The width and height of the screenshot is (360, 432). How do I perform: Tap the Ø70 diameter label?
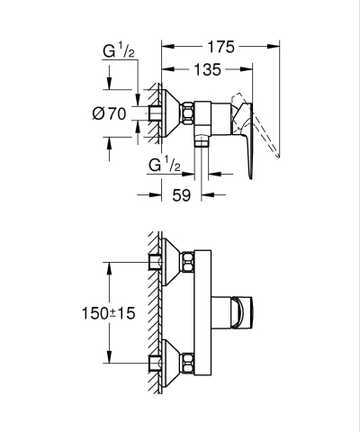109,112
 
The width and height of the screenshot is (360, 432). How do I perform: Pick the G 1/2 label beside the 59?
164,166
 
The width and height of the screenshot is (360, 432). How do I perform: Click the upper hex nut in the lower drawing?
188,264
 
